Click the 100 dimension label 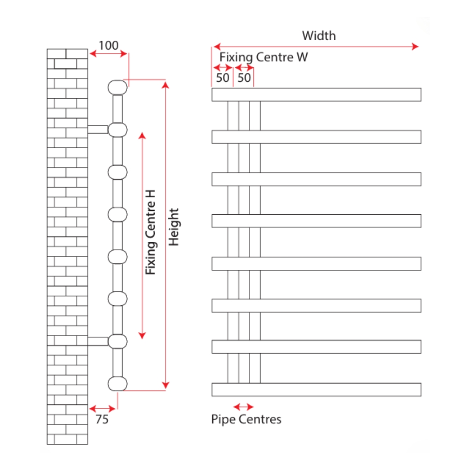point(108,45)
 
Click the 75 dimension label point(102,419)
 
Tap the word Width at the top point(318,36)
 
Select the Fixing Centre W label point(264,57)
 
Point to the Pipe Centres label point(246,419)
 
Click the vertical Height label point(174,227)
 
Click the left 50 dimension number point(223,78)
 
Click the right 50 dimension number point(244,78)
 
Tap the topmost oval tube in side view point(117,87)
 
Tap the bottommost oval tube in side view point(117,383)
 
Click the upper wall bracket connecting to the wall point(98,130)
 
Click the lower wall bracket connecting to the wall point(98,341)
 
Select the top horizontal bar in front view point(316,94)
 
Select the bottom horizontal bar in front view point(316,390)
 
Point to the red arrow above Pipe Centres point(243,406)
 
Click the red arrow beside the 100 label point(108,54)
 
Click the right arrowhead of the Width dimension point(415,46)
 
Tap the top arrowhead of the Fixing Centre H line point(143,136)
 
